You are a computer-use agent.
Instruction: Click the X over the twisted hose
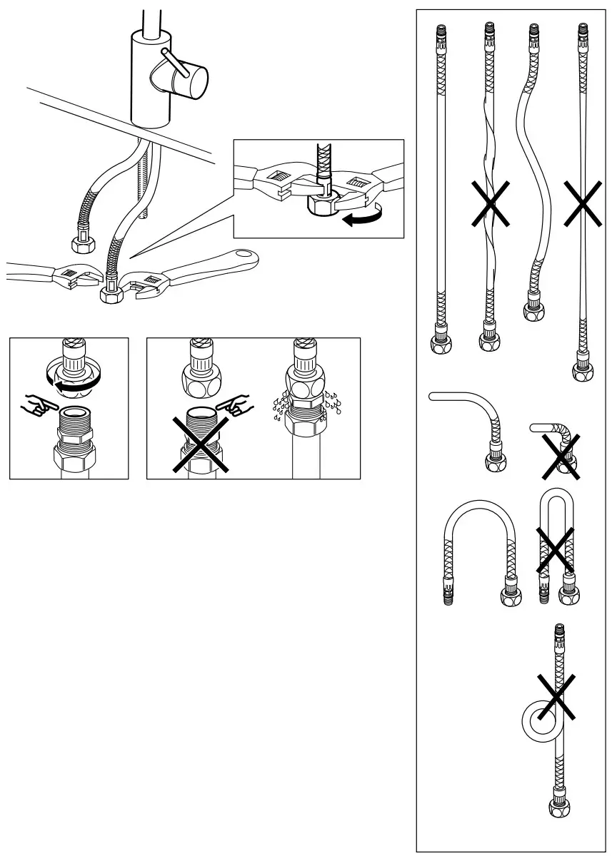[489, 203]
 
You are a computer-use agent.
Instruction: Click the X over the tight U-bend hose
[555, 550]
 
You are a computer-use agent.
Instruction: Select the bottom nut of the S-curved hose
[535, 309]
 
